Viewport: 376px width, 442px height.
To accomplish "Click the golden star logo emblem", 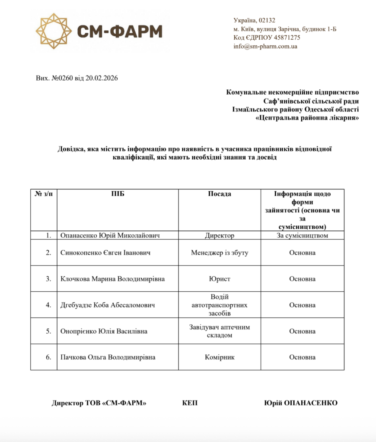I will coord(53,31).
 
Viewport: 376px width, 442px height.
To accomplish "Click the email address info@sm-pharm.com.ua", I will coord(265,46).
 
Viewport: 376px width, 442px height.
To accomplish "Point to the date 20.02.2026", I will coord(102,78).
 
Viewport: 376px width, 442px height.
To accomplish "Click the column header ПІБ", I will coord(118,194).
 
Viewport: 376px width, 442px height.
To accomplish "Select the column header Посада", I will coord(220,194).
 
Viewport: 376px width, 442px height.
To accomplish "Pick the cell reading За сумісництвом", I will coord(303,236).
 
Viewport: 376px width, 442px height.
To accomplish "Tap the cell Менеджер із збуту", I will coord(220,253).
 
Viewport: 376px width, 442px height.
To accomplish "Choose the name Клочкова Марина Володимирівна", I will coord(113,279).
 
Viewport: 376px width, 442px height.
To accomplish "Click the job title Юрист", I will coord(220,279).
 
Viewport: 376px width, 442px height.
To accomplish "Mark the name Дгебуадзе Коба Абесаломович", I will coord(108,305).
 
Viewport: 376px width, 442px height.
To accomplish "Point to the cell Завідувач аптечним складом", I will coord(220,331).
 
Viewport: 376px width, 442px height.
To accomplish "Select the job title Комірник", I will coord(220,357).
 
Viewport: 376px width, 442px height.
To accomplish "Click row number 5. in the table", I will coord(48,331).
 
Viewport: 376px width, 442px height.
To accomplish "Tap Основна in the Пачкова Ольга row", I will coord(303,357).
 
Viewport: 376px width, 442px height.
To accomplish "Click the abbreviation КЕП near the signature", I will coord(190,403).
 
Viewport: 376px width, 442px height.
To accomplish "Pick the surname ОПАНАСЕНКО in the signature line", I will coord(310,403).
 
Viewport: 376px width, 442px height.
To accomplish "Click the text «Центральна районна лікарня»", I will coord(307,118).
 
